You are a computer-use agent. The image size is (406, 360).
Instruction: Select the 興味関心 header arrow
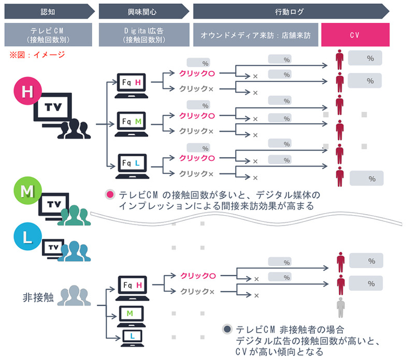(142, 11)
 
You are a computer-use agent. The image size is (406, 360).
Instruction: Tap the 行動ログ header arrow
(290, 11)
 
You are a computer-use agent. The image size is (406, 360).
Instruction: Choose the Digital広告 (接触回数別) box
(142, 35)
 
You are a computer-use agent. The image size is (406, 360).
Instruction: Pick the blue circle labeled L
(26, 239)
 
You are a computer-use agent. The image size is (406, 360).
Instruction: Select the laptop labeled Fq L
(134, 165)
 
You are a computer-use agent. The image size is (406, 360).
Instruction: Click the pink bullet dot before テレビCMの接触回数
(109, 195)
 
